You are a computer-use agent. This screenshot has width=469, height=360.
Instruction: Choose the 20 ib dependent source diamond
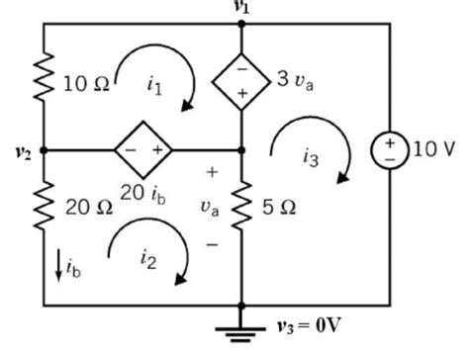[142, 150]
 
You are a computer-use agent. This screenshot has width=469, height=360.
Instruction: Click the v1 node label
[240, 7]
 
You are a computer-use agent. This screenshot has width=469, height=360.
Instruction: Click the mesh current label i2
[148, 259]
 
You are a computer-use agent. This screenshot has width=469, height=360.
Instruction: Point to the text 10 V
[432, 149]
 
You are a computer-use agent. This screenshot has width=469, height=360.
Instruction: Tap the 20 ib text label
[144, 191]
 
